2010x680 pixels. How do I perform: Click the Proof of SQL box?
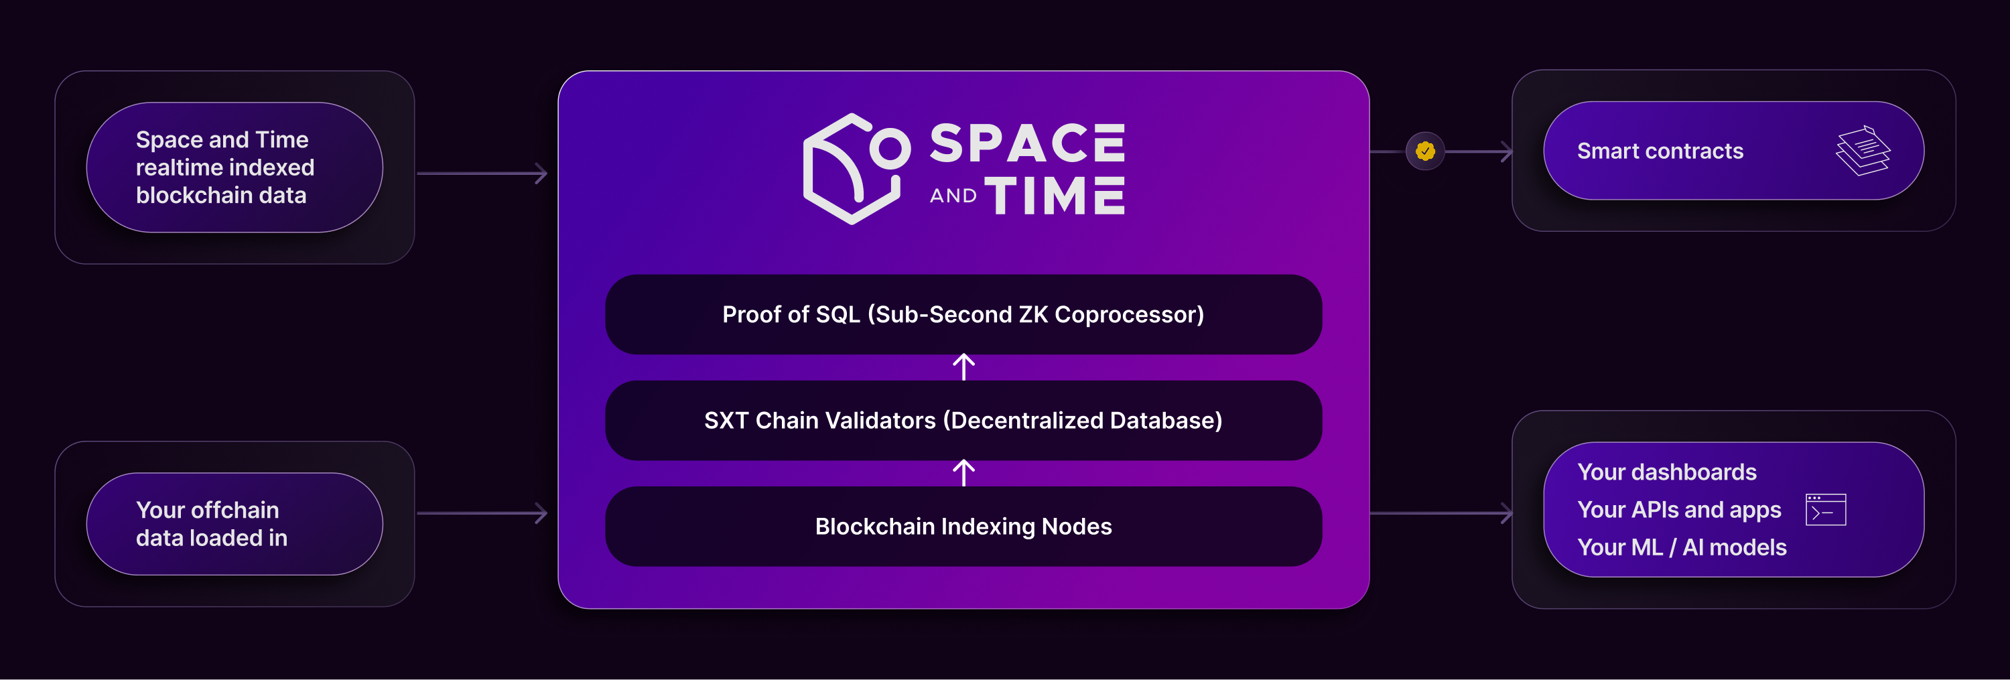tap(963, 314)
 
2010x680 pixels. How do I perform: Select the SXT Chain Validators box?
tap(963, 420)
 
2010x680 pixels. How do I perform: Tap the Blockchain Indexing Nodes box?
tap(963, 527)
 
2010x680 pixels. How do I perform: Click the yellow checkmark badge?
tap(1425, 151)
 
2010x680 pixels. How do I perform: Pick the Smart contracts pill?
tap(1733, 151)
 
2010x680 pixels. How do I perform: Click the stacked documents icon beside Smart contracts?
tap(1863, 151)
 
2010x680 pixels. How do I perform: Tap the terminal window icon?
tap(1825, 509)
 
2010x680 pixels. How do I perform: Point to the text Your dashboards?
tap(1667, 472)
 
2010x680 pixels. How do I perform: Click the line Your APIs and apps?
tap(1679, 509)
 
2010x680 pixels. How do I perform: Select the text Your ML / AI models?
tap(1682, 547)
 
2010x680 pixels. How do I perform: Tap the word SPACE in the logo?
tap(1027, 143)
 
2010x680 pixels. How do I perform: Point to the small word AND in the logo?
tap(953, 196)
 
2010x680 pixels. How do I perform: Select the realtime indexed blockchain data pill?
tap(234, 167)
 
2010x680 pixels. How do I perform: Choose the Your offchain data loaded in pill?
tap(234, 524)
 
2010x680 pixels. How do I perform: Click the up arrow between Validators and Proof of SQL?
tap(963, 367)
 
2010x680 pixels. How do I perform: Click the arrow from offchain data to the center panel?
tap(482, 513)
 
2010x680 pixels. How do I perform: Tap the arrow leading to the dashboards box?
tap(1441, 513)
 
